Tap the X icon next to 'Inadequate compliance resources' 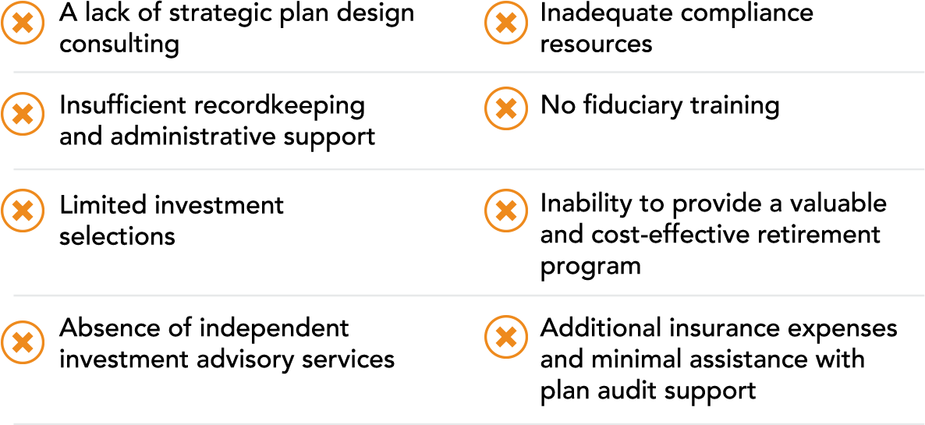(506, 23)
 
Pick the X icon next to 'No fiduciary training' (506, 108)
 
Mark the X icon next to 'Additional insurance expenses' (506, 337)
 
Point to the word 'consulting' (119, 44)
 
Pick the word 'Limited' (104, 205)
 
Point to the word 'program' (590, 267)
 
